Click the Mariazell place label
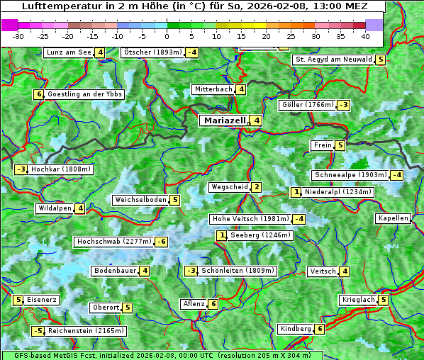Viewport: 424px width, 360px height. point(225,120)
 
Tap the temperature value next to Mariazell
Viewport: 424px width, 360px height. point(256,120)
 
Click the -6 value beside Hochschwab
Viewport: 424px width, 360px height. point(162,242)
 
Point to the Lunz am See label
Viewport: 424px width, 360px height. point(68,52)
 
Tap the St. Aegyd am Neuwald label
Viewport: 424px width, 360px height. point(333,60)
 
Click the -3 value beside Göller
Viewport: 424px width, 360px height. point(343,105)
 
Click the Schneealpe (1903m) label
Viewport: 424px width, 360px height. point(350,175)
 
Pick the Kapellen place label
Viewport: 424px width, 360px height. point(393,218)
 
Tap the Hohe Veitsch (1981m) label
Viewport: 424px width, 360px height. point(250,219)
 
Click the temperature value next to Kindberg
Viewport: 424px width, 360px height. point(320,329)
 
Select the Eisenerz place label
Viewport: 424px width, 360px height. point(42,300)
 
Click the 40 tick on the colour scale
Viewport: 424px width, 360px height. point(365,35)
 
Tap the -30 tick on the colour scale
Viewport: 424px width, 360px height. point(18,35)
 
